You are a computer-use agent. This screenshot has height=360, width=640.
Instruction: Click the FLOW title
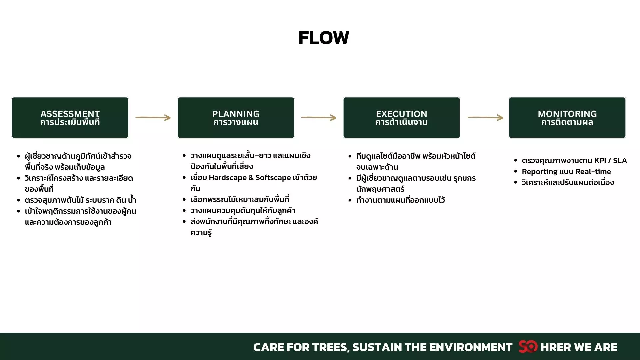tap(324, 38)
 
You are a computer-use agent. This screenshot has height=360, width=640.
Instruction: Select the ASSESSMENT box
tap(70, 118)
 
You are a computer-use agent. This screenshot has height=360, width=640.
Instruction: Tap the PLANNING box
tap(236, 118)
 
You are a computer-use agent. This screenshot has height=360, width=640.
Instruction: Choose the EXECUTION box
tap(402, 118)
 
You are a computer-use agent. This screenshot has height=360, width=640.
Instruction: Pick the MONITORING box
tap(567, 118)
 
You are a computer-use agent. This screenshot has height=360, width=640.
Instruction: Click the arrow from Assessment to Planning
tap(153, 117)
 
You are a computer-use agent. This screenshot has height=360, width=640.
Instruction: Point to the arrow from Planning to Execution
tap(319, 117)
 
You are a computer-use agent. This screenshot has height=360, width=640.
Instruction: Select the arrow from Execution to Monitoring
tap(485, 117)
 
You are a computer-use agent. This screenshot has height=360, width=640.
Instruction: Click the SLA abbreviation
tap(620, 161)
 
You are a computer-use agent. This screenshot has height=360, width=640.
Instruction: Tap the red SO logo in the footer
tap(528, 347)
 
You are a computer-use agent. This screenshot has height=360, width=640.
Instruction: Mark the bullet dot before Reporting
tap(515, 172)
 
